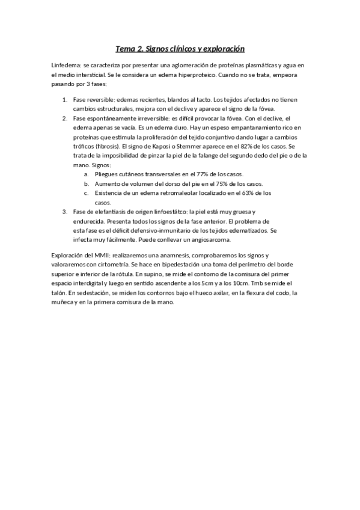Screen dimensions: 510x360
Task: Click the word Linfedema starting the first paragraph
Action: [x=67, y=65]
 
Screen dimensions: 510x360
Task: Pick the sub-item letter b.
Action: [x=87, y=183]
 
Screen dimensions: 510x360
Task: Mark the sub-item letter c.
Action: [x=87, y=193]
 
